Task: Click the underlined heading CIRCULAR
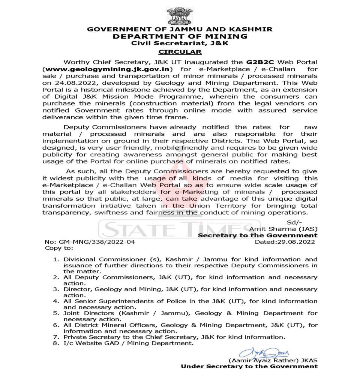click(x=180, y=51)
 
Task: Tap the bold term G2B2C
click(x=258, y=61)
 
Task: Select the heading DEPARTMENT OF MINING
click(x=180, y=36)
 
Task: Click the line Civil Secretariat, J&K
click(x=180, y=43)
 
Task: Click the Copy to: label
click(x=59, y=248)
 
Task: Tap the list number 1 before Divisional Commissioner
click(x=55, y=259)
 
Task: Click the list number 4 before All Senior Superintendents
click(x=55, y=301)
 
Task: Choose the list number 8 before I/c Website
click(x=55, y=343)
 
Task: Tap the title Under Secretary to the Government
click(x=249, y=366)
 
